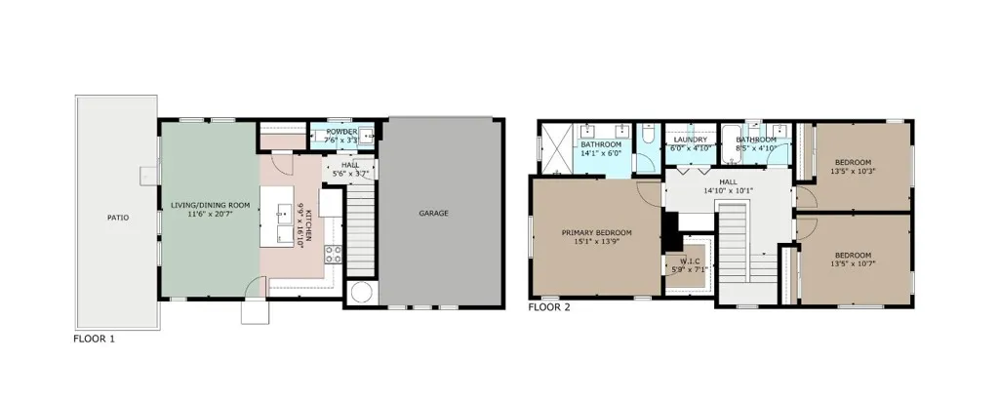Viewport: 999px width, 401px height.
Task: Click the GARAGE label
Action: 433,214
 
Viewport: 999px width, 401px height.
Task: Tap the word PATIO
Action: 118,218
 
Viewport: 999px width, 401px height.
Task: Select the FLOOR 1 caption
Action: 95,339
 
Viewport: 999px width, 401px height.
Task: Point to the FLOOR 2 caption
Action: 549,307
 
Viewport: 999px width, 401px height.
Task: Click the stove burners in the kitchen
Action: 334,254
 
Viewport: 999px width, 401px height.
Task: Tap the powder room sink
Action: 367,136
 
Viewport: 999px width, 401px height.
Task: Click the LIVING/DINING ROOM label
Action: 211,205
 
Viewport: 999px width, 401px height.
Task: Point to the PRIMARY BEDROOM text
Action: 596,232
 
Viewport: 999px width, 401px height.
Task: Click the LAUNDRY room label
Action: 690,140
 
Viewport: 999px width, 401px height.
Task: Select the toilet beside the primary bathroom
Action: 648,136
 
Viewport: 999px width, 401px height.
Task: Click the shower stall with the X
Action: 555,148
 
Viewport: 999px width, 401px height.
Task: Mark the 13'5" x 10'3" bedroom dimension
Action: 851,171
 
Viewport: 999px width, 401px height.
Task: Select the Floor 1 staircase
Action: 360,226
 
